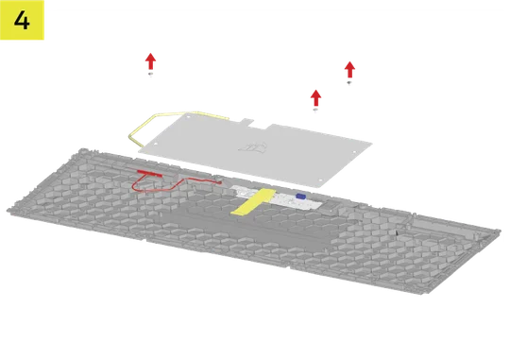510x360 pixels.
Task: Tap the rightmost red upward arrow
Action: point(349,67)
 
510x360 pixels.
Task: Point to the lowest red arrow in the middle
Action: point(316,95)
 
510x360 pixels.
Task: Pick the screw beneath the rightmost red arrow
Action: point(349,84)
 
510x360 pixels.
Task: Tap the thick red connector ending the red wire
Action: point(147,174)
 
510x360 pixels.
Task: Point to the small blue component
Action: point(300,196)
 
